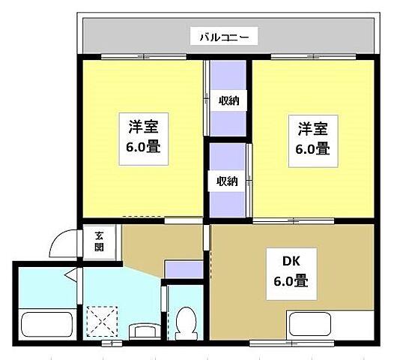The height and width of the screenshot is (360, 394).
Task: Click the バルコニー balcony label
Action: coord(228,35)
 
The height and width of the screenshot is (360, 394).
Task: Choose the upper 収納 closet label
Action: coord(228,100)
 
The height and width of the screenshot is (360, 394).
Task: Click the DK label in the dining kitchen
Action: coord(291,262)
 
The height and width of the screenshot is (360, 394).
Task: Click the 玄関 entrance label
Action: coord(99,240)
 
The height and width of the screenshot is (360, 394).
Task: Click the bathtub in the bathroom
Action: coord(46,324)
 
